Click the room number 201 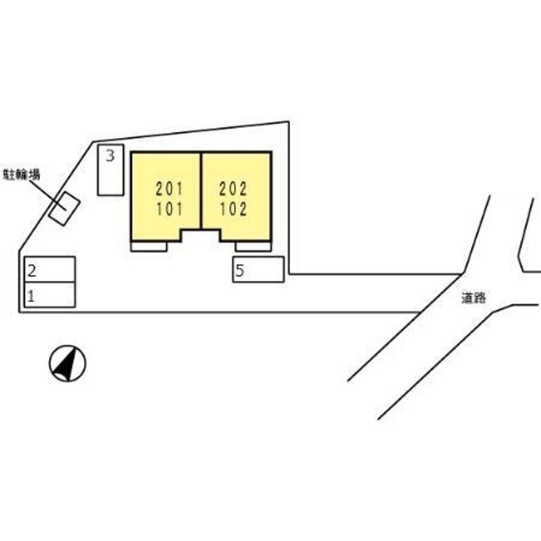pos(169,189)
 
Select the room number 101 pos(169,209)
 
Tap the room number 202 pos(233,189)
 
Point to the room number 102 pos(234,209)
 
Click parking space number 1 pos(50,295)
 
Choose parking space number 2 pos(50,269)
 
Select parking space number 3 pos(110,170)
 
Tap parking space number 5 pos(258,270)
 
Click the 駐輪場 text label pos(21,174)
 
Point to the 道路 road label pos(473,298)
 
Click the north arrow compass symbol pos(68,364)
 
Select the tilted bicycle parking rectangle pos(65,209)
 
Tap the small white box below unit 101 pos(149,246)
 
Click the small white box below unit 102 pos(253,246)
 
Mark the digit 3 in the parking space pos(110,156)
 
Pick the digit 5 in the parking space pos(240,270)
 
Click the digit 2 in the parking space pos(32,270)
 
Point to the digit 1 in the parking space pos(31,296)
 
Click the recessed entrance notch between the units pos(201,235)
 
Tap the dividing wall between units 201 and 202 pos(201,190)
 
